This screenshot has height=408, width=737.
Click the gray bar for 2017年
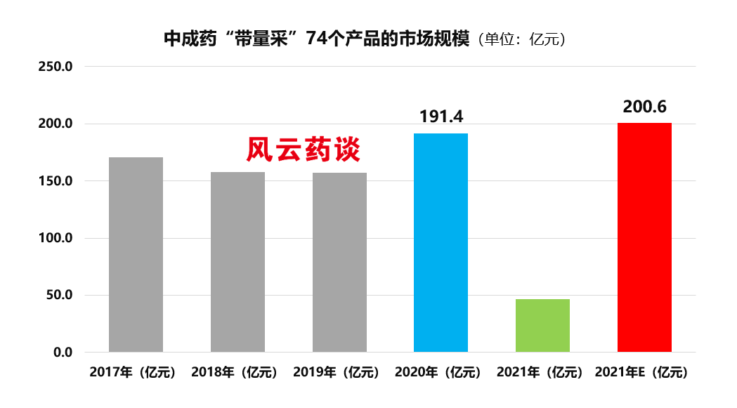coord(136,254)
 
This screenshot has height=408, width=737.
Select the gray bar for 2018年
coord(237,261)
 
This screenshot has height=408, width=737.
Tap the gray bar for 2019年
coord(339,262)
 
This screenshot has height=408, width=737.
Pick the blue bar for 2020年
coord(441,242)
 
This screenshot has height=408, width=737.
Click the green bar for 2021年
coord(542,325)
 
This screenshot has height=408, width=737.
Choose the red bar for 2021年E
coord(644,237)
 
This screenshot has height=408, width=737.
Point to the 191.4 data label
coord(441,116)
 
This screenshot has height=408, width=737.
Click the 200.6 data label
coord(644,106)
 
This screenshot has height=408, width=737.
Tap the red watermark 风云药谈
coord(303,150)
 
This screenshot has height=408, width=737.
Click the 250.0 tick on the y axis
coord(58,67)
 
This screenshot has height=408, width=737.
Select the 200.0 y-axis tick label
coord(58,124)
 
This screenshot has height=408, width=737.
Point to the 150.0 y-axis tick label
coord(58,181)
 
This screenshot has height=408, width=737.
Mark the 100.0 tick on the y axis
coord(58,238)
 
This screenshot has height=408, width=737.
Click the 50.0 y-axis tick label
coord(61,295)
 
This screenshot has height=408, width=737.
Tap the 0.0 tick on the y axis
coord(64,352)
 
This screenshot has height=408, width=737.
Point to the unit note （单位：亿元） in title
coord(521,39)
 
